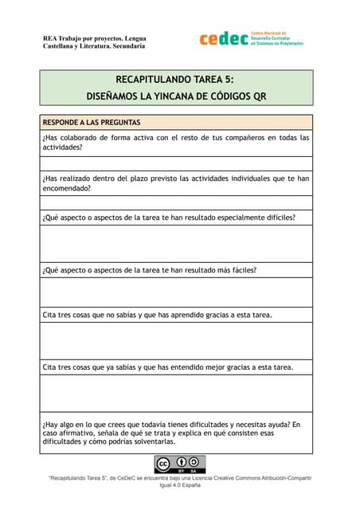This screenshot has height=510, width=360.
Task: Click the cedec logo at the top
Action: tap(251, 38)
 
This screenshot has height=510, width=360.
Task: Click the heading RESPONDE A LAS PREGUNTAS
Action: tap(92, 123)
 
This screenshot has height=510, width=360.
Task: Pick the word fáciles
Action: tap(238, 269)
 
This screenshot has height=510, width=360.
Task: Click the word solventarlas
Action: tap(150, 441)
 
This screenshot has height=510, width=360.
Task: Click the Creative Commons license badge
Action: tap(179, 464)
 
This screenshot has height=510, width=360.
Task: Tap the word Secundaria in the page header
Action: tap(125, 46)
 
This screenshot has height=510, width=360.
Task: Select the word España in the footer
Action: tap(188, 484)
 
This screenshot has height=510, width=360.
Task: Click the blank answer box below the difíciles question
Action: tap(176, 243)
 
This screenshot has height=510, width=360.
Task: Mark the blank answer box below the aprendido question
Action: tap(176, 341)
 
